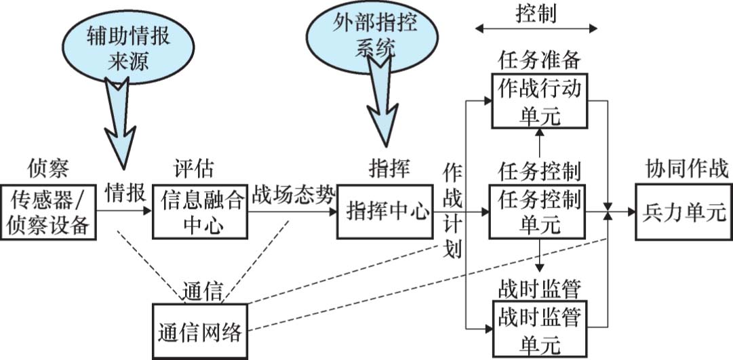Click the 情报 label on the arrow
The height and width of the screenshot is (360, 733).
[125, 193]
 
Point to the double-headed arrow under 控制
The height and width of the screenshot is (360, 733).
[536, 28]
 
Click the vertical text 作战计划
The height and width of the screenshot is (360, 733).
[452, 210]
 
